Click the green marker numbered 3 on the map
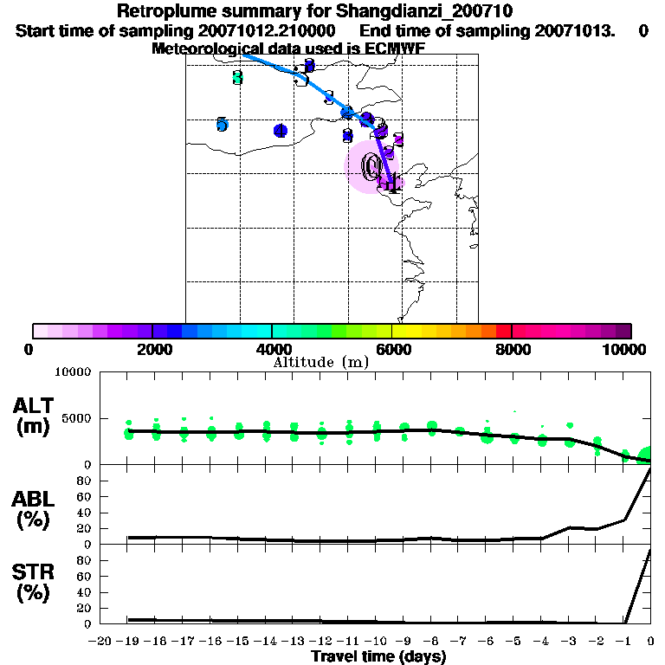[238, 78]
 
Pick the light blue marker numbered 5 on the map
[222, 125]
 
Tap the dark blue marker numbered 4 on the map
[280, 131]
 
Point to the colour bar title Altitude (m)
[320, 362]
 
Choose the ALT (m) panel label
[33, 416]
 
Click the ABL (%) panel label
[33, 510]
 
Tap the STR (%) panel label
[33, 584]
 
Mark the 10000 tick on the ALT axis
[72, 372]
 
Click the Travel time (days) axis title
[378, 656]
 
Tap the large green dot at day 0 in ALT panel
[646, 455]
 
